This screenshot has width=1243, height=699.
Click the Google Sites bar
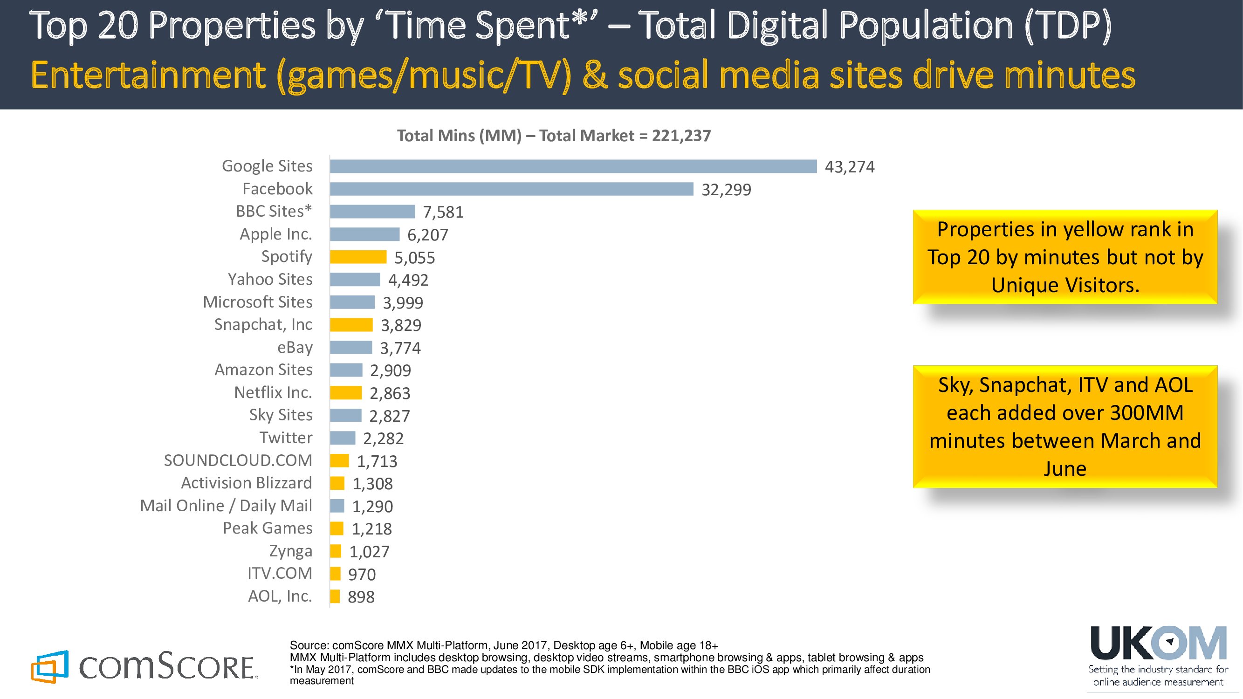(573, 166)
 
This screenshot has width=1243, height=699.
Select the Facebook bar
(511, 189)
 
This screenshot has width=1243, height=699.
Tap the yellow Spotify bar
(358, 257)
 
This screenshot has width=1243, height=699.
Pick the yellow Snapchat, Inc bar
(351, 325)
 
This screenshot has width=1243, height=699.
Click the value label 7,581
(443, 212)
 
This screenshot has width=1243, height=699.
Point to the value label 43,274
(849, 167)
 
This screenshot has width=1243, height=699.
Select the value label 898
(361, 597)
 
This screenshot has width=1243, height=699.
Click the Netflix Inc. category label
(273, 393)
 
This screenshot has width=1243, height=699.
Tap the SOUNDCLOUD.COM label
(238, 461)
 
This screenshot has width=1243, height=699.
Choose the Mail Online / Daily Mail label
(226, 506)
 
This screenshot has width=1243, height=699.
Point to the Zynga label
(290, 551)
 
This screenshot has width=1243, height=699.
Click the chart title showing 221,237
(554, 136)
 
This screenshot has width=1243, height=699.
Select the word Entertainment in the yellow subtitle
(148, 76)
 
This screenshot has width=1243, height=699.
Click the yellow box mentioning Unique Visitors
(1065, 257)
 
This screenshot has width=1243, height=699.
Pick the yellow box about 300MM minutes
(1065, 426)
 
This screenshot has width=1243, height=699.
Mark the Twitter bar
(343, 438)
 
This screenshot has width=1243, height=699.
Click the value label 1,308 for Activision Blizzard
(372, 484)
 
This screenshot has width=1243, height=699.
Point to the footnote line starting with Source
(503, 645)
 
